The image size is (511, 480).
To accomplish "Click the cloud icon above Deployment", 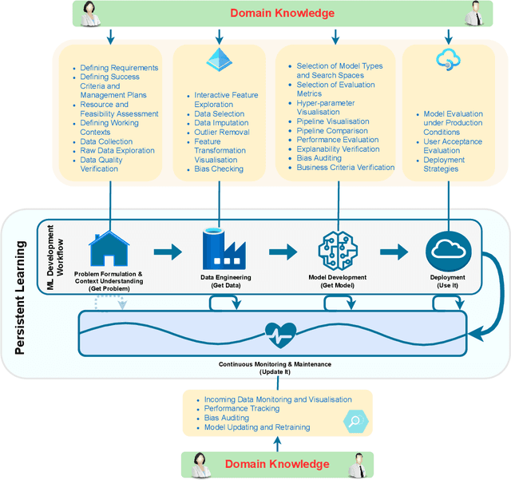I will [446, 249].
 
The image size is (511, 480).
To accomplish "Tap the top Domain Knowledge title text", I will [283, 13].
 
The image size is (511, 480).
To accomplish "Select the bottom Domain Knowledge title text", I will [276, 464].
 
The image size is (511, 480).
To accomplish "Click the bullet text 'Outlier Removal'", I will [222, 133].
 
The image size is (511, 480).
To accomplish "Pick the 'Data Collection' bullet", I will [108, 141].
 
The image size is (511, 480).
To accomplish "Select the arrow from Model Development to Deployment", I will [394, 252].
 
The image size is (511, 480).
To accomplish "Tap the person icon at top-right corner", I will [474, 12].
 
